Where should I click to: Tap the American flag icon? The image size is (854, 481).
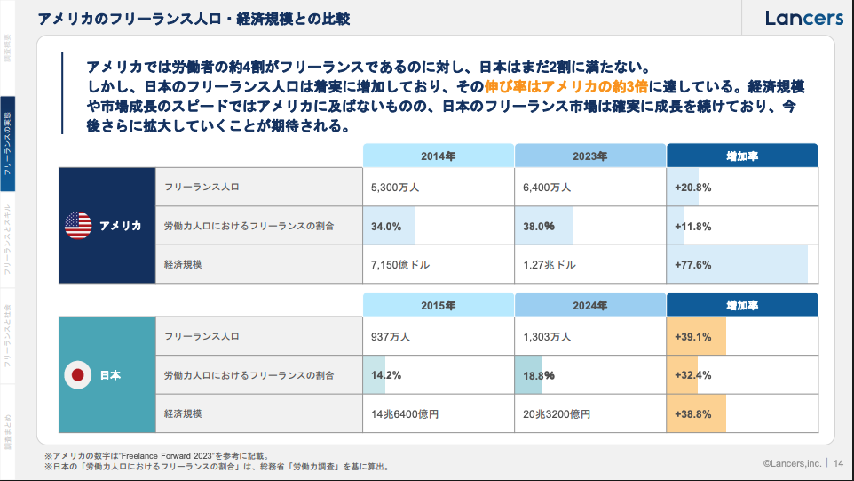point(78,226)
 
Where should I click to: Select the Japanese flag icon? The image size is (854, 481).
point(78,375)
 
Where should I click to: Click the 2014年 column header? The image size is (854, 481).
point(439,156)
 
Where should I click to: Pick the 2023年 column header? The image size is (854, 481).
point(589,156)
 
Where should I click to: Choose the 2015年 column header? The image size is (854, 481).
point(439,305)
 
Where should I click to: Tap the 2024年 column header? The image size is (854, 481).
point(589,305)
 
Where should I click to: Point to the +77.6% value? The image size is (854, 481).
point(693,265)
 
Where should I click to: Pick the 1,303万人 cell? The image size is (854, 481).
point(548,337)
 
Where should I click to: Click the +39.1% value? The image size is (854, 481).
point(693,337)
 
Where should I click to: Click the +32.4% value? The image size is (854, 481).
point(693,375)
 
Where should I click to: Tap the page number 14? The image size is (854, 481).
point(837,462)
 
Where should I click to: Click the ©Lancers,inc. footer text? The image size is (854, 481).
point(792,462)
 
